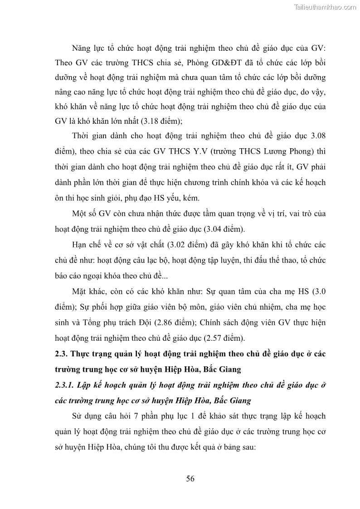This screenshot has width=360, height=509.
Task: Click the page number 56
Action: pos(190,479)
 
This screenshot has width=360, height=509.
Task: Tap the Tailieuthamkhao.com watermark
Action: pos(326,7)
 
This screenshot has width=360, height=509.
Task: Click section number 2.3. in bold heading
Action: pos(62,354)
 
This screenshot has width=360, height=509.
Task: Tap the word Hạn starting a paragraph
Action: pos(81,245)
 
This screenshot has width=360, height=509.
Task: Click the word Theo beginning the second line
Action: pos(63,63)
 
